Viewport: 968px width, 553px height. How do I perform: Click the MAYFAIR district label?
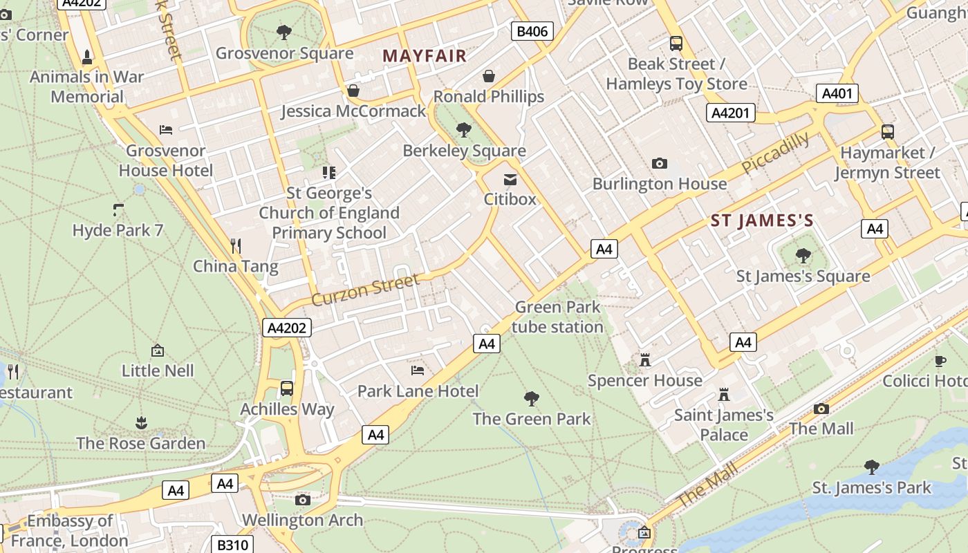[425, 56]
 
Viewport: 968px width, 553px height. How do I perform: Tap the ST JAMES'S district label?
[762, 221]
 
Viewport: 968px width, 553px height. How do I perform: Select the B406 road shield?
[532, 31]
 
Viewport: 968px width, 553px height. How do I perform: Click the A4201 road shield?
[730, 113]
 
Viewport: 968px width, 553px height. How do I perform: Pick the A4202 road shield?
[287, 328]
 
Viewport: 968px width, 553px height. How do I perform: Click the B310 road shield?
[232, 545]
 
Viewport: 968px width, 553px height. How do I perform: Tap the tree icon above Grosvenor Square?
[283, 32]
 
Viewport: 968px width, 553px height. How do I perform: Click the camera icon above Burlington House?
[659, 164]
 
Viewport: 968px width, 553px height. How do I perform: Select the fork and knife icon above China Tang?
[236, 245]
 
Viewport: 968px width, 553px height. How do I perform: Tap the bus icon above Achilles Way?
[287, 388]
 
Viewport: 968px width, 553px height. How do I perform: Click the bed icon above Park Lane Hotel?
[418, 371]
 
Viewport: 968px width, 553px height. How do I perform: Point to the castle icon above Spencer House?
[645, 360]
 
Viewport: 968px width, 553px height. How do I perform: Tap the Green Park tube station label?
[557, 317]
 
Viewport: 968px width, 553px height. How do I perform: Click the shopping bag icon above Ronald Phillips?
[489, 76]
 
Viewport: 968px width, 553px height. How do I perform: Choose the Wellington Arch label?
[302, 520]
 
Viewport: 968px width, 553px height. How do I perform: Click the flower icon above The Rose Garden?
[141, 422]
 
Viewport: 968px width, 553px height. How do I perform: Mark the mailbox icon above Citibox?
[510, 180]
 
